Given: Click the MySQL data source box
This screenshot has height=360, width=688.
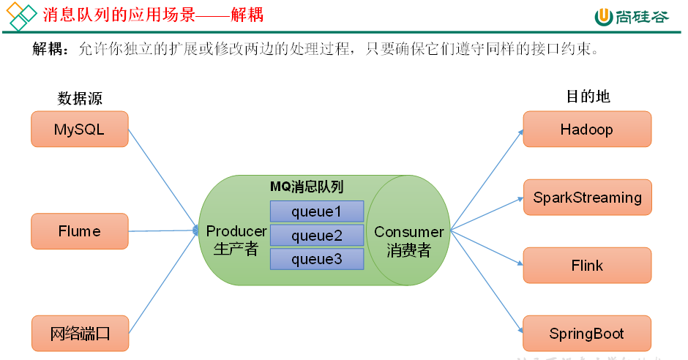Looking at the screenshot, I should (79, 129).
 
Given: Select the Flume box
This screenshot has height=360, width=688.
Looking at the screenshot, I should (79, 231).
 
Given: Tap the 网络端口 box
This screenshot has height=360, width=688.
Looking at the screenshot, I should (79, 334).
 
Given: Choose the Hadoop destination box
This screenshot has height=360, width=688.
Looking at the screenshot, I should (586, 130).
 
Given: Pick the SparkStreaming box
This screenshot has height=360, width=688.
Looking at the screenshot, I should (586, 198).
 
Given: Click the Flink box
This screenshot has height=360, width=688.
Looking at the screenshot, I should (586, 265).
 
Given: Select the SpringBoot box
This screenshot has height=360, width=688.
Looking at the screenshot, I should (586, 334).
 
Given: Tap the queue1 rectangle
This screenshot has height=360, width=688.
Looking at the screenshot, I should (316, 211).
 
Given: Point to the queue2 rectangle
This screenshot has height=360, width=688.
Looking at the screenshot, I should (316, 235).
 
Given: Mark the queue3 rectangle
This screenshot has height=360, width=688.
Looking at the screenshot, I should (316, 258).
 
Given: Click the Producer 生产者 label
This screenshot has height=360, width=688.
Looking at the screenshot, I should (236, 240).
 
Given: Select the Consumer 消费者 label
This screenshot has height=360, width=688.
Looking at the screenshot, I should (408, 241).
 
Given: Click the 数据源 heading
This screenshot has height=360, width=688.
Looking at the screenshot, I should (80, 99).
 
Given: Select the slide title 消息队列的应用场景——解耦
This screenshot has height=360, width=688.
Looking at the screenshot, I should (153, 15).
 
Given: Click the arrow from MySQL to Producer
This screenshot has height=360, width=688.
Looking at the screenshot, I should (164, 180).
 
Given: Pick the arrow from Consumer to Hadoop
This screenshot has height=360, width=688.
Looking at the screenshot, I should (487, 180).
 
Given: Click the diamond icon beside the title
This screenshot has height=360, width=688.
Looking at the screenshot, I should (20, 16).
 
